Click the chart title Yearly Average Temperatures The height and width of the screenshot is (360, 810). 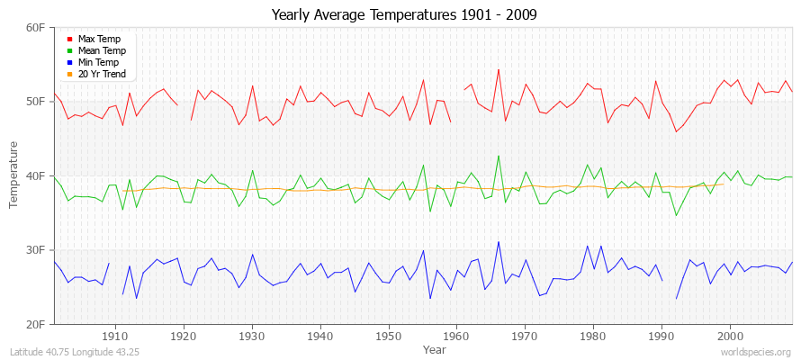404,15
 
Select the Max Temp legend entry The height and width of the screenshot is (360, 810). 99,39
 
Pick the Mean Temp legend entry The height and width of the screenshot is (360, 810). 102,50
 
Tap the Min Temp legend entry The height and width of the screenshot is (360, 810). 98,62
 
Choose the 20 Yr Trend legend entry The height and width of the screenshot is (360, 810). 102,74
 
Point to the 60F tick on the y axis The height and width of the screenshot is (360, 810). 35,27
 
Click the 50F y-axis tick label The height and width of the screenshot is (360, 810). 35,101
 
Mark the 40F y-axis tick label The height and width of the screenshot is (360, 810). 35,175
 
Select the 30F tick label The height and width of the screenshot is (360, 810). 35,249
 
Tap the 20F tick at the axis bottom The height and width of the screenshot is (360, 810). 35,323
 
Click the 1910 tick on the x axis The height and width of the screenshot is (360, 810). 115,336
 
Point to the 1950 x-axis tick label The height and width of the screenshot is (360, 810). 388,336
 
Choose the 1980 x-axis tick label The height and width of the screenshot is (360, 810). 593,336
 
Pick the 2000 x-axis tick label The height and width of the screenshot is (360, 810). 730,336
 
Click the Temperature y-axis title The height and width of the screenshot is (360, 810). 14,175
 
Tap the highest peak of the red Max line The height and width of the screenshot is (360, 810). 498,69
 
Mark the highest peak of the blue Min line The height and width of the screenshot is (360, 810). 498,241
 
